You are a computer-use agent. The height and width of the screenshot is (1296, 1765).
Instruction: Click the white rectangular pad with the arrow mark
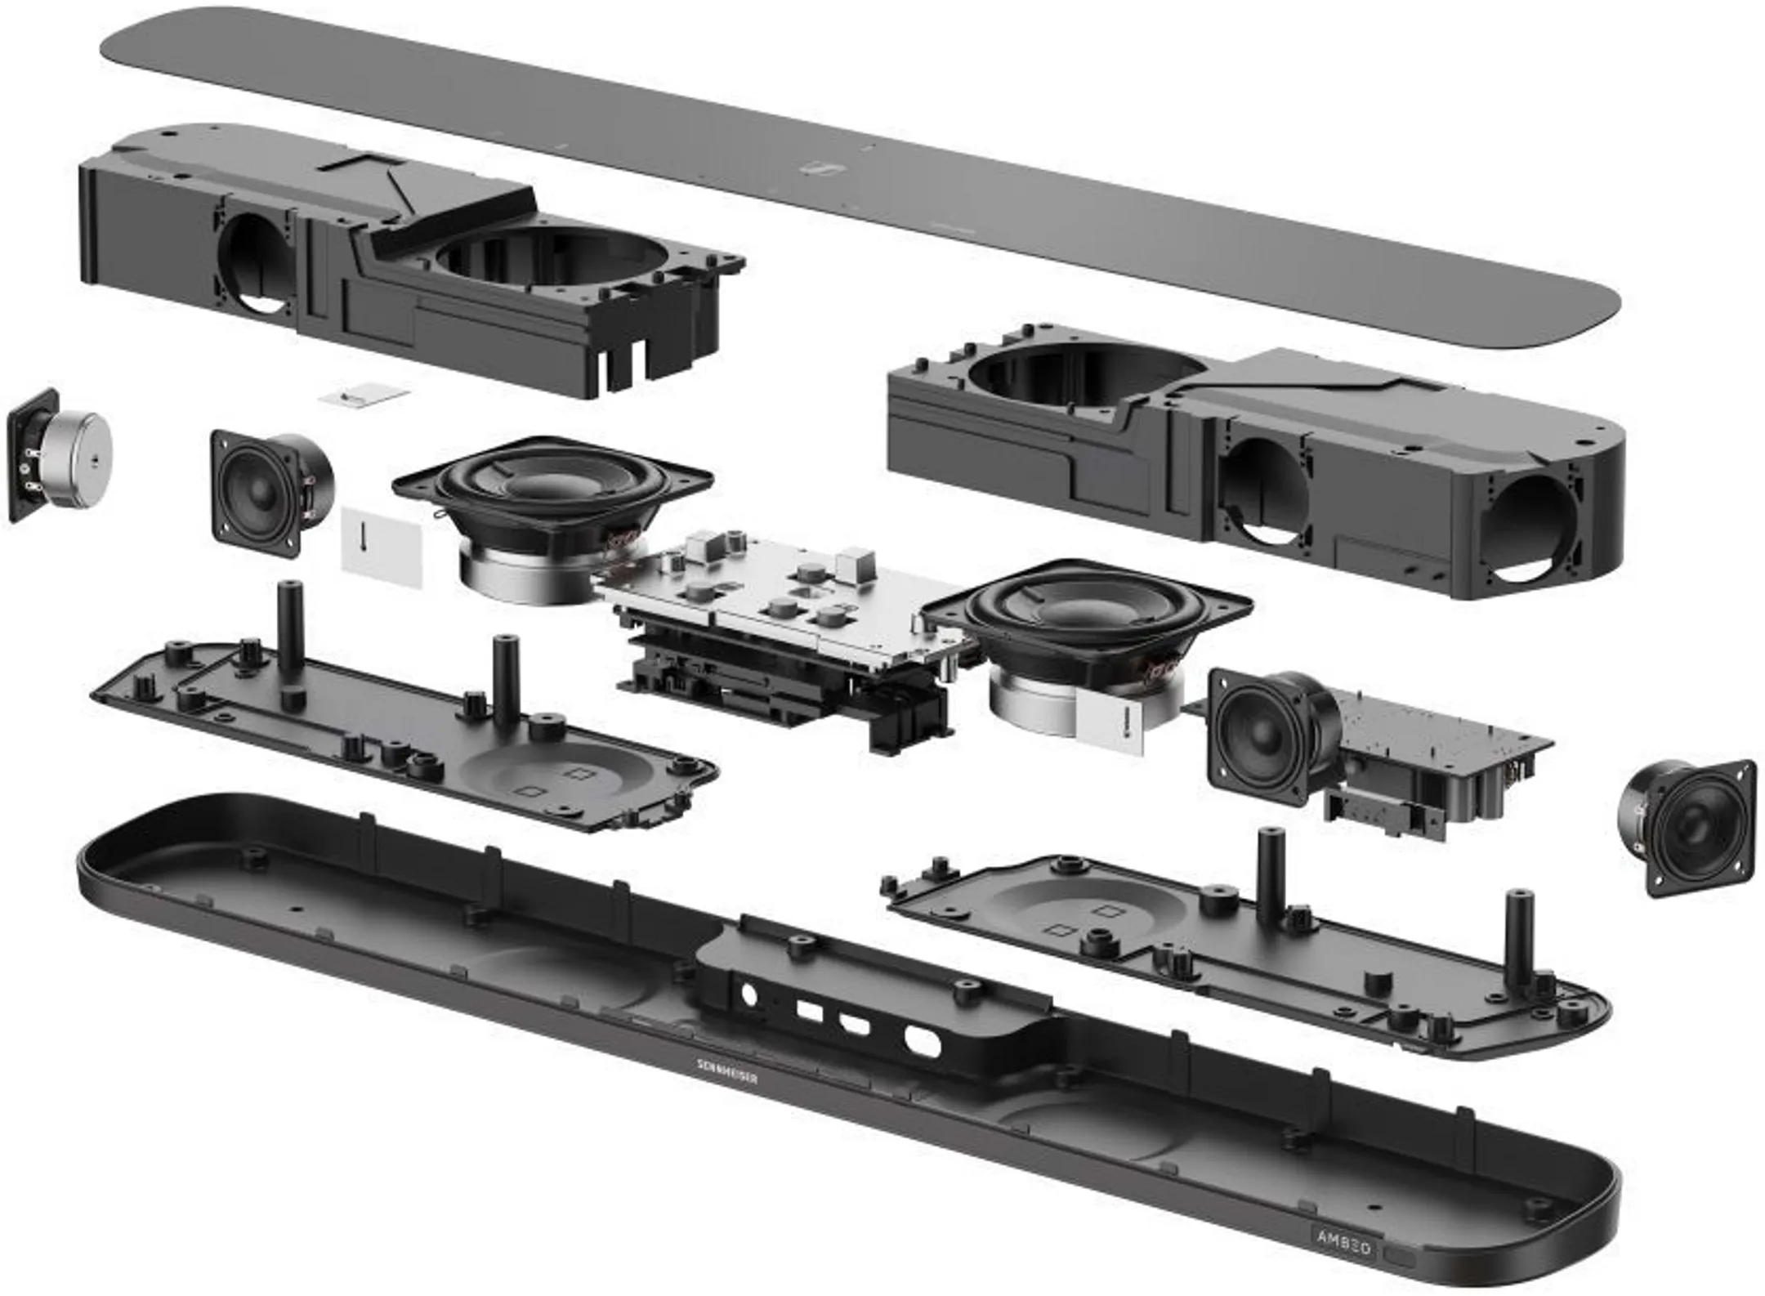pos(382,546)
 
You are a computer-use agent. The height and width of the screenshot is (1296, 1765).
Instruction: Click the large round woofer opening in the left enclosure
pos(547,261)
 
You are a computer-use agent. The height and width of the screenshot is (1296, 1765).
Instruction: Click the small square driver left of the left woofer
pos(261,493)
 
